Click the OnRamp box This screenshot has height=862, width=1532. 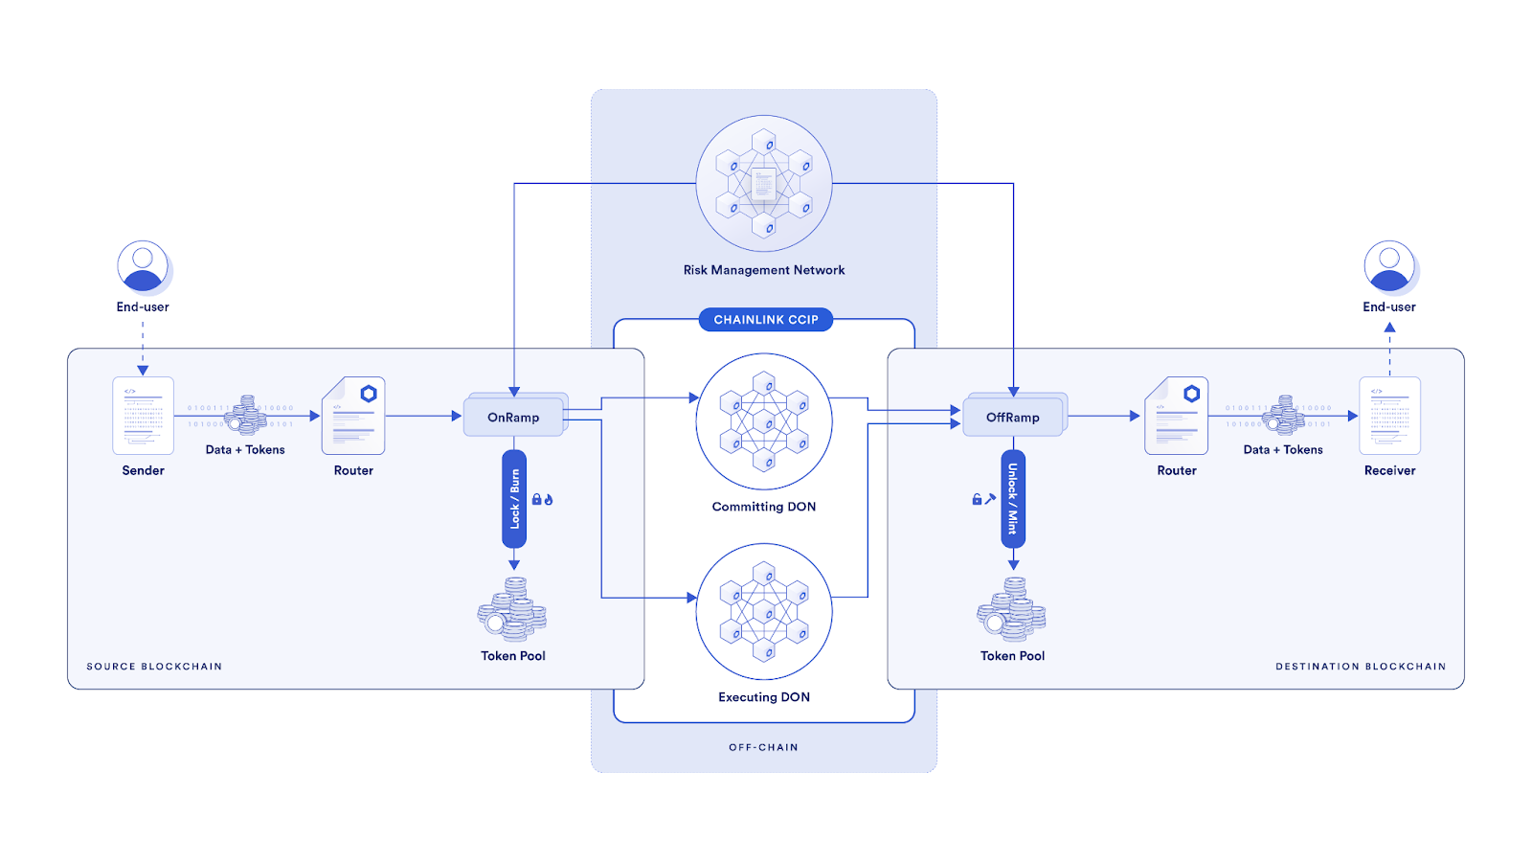(513, 417)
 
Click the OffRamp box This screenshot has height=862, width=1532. (1013, 417)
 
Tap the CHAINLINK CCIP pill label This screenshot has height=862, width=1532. (765, 320)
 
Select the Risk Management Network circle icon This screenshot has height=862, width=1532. (763, 184)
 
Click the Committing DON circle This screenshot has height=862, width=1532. (763, 421)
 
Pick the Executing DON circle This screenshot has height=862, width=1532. (763, 612)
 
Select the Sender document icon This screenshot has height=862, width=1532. (143, 416)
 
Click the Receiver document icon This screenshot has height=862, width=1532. (1389, 416)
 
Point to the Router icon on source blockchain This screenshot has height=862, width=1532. (353, 416)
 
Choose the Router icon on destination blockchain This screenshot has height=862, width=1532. (1177, 416)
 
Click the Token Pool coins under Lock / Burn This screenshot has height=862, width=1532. (512, 609)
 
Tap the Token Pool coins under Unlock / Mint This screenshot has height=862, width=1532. (1012, 609)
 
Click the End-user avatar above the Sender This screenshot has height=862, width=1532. (143, 266)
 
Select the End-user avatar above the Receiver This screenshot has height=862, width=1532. (1389, 266)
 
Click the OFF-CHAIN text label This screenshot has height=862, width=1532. (763, 747)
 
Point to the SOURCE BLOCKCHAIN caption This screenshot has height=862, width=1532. (154, 667)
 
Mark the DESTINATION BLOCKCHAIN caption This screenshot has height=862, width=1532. (1361, 667)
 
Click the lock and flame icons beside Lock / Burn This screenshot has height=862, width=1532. (542, 499)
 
